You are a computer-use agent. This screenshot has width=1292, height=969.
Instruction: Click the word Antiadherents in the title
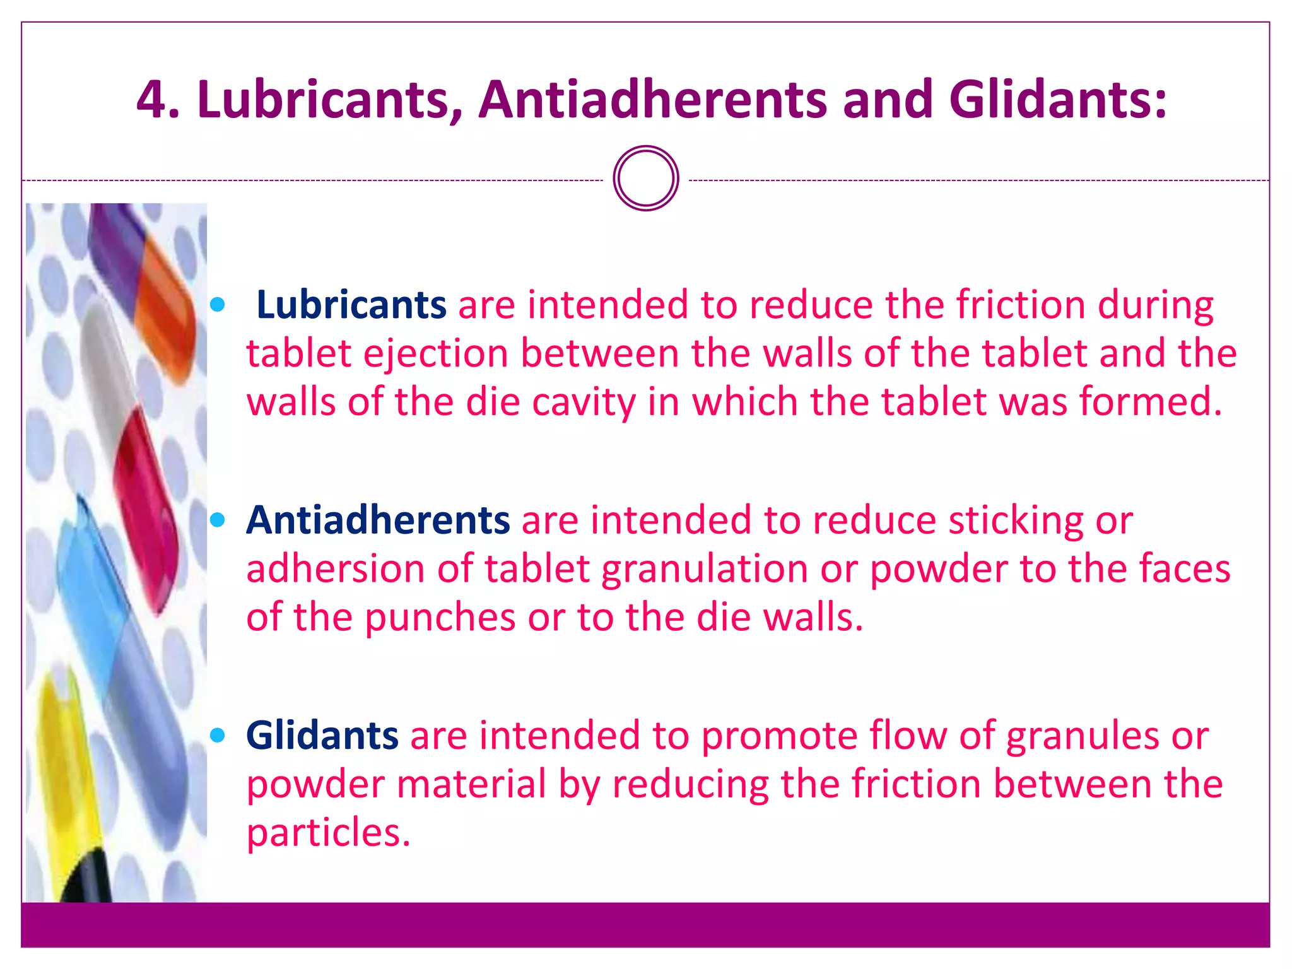[x=652, y=99]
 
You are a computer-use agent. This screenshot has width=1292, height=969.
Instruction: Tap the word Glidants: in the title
[x=1057, y=99]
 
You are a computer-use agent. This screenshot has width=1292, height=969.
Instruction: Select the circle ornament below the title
[x=645, y=179]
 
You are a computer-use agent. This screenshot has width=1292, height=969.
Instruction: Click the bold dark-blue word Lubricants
[x=351, y=305]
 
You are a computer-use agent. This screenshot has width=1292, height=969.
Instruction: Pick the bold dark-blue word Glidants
[x=322, y=735]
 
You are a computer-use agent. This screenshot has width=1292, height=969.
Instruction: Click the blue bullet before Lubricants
[x=218, y=305]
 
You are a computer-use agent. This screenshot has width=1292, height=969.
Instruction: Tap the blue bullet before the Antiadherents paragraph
[x=218, y=520]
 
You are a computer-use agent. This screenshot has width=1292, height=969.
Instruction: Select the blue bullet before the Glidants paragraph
[x=218, y=736]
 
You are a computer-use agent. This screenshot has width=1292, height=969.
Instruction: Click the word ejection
[x=435, y=354]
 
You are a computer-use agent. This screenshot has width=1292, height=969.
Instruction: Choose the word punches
[x=440, y=617]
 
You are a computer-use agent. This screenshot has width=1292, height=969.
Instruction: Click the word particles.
[x=328, y=833]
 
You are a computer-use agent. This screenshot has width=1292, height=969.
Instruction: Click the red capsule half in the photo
[x=146, y=505]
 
